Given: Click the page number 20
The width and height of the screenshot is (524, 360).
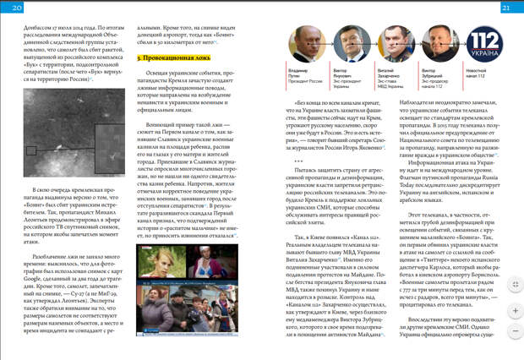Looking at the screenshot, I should (17, 8).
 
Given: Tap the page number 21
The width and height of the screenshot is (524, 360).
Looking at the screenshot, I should (505, 8).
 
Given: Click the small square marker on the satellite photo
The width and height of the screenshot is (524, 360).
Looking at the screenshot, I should (31, 150).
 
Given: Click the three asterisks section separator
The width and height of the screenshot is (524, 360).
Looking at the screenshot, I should (298, 161).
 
